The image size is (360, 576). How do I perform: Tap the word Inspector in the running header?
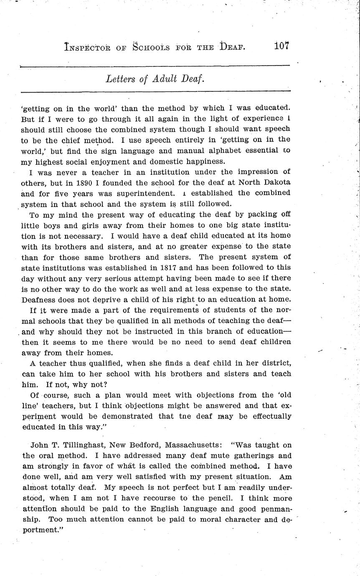(87, 47)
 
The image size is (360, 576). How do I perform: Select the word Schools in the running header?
(151, 47)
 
